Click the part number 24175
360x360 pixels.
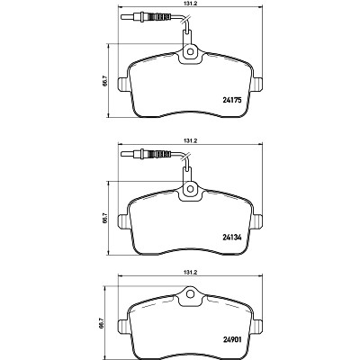(x=232, y=101)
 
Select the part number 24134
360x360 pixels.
(x=232, y=238)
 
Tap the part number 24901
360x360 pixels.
(x=232, y=339)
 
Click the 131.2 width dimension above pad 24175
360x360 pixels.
(x=190, y=4)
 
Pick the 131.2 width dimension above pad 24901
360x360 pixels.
(x=190, y=273)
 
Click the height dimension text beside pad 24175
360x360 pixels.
(x=105, y=81)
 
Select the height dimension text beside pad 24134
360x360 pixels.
(x=104, y=218)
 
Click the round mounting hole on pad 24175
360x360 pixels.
(x=190, y=52)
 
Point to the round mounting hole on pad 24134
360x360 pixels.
(x=190, y=189)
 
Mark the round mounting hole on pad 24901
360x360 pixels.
(x=190, y=294)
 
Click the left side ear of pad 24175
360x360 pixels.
(x=124, y=85)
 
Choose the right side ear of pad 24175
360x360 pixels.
(x=257, y=85)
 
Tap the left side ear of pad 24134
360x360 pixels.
(x=124, y=221)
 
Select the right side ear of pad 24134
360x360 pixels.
(x=257, y=221)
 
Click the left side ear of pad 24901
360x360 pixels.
(x=124, y=327)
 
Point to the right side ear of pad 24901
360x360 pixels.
(x=257, y=327)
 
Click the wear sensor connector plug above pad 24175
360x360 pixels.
(x=146, y=17)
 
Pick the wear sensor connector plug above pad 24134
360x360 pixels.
(x=146, y=154)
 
